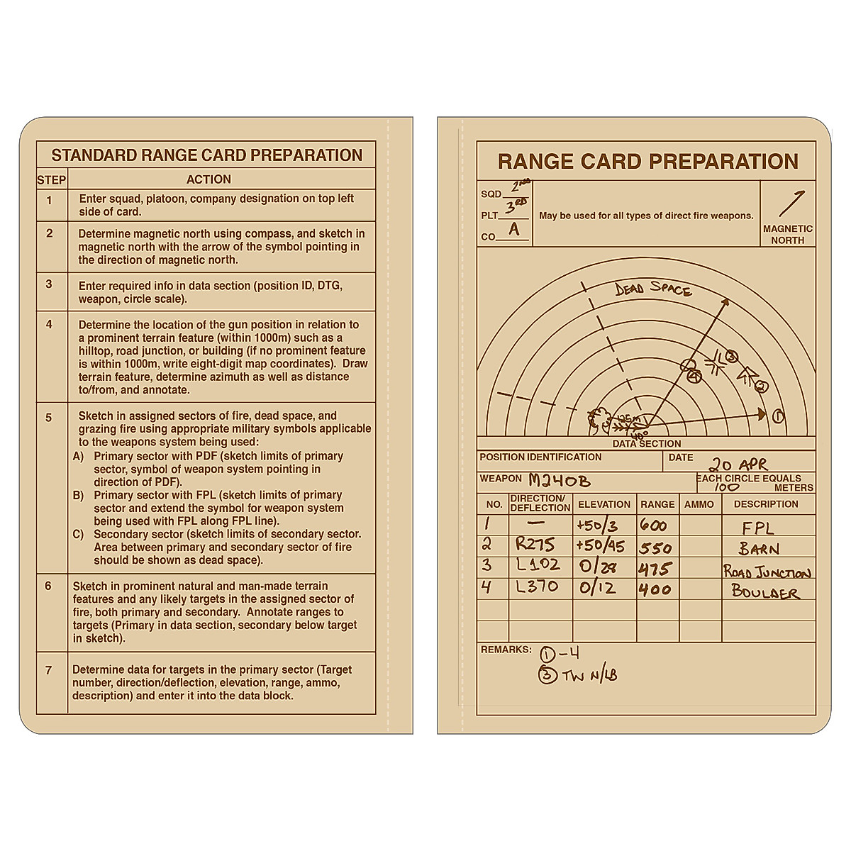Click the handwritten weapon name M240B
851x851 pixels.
560,481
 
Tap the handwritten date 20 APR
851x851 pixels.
739,465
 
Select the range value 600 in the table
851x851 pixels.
653,526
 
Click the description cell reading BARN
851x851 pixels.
759,549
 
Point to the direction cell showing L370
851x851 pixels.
537,587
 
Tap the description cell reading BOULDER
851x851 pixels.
764,592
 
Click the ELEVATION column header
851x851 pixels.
604,504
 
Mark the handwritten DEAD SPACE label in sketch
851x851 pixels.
652,289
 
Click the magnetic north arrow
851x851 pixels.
791,204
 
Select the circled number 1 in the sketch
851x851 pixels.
778,416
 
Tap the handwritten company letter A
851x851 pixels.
514,229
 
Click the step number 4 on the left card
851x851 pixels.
49,324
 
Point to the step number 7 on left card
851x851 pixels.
48,669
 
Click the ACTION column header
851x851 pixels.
208,179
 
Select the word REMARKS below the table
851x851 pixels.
506,650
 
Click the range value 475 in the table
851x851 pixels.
654,569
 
